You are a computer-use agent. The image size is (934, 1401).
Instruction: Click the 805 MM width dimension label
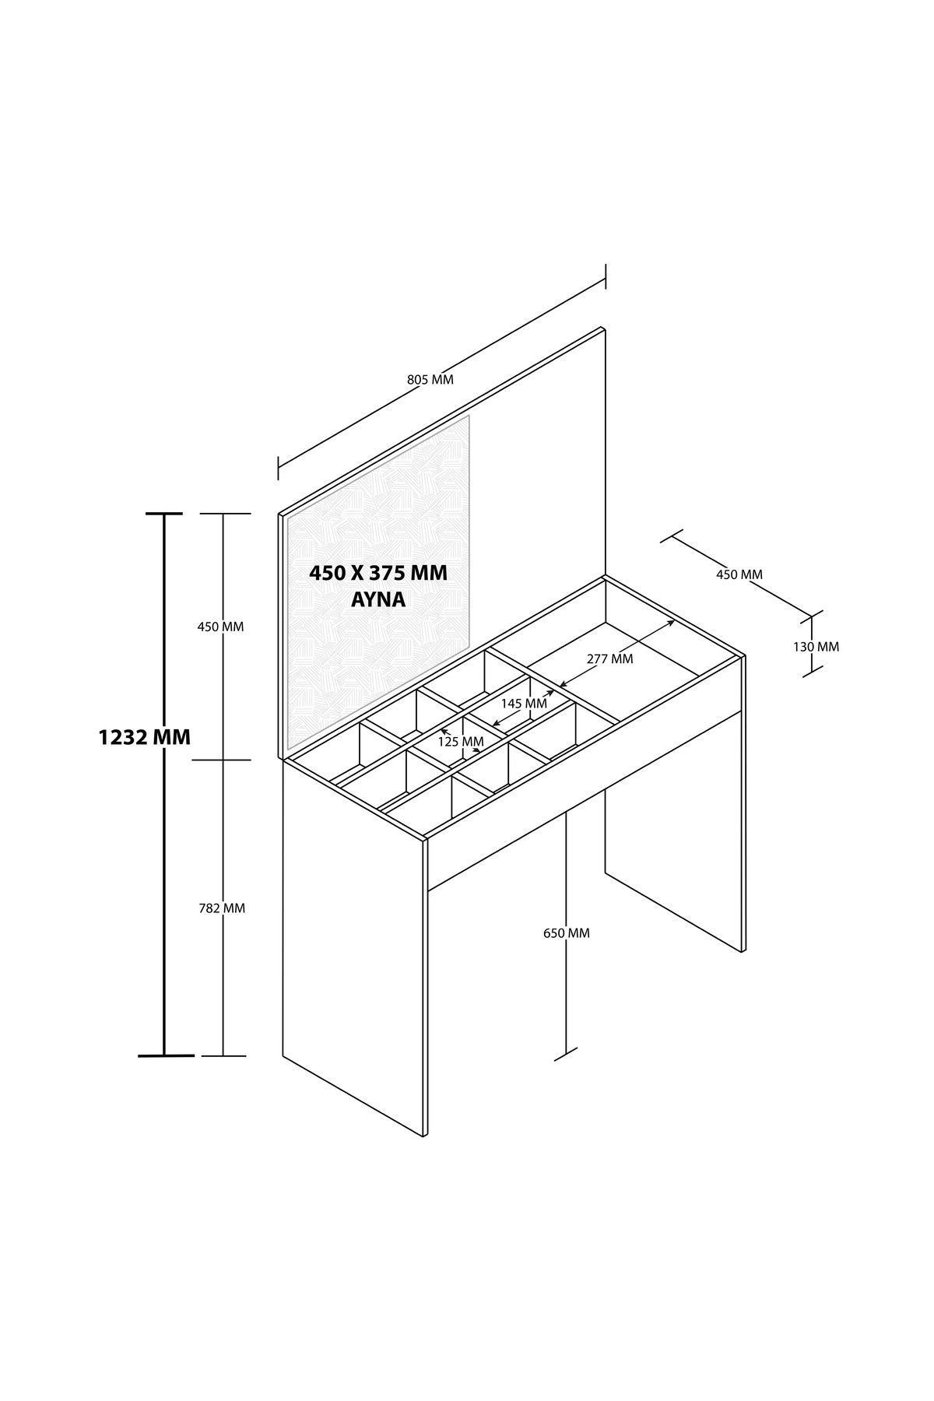pos(430,380)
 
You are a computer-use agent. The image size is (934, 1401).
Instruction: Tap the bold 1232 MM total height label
pos(145,737)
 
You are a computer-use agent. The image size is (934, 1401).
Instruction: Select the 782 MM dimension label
pos(221,908)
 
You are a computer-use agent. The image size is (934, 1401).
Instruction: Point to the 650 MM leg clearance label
pos(567,932)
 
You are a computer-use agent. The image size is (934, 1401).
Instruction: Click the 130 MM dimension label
pos(815,646)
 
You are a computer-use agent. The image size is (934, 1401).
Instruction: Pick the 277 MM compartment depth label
pos(609,658)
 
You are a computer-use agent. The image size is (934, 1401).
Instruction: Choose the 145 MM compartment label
pos(524,703)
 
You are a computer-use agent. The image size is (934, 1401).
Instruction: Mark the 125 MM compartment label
pos(461,742)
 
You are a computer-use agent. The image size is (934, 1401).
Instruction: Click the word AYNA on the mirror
pos(378,601)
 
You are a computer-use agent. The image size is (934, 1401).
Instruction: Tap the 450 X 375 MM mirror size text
pos(378,574)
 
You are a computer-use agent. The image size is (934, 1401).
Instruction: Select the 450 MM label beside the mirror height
pos(220,627)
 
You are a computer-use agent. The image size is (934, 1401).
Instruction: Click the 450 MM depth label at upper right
pos(739,574)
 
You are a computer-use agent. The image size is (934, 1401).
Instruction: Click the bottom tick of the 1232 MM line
pos(165,1055)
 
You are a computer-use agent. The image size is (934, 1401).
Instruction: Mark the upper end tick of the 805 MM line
pos(606,276)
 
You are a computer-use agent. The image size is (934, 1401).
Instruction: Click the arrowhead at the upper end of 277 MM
pos(672,622)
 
